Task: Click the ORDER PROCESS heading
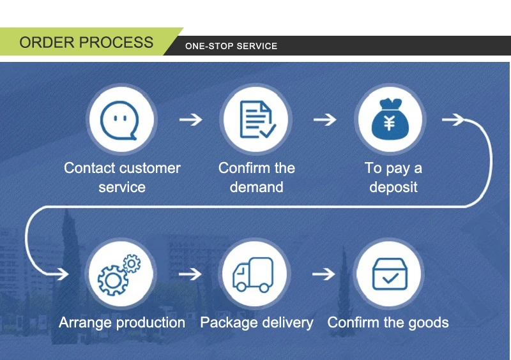pyautogui.click(x=86, y=43)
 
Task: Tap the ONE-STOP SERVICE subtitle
pyautogui.click(x=231, y=46)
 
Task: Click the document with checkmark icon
pyautogui.click(x=257, y=119)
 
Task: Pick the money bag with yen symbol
pyautogui.click(x=389, y=119)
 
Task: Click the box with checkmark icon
pyautogui.click(x=389, y=274)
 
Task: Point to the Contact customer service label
pyautogui.click(x=122, y=177)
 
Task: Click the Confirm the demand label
pyautogui.click(x=257, y=177)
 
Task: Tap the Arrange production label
pyautogui.click(x=122, y=322)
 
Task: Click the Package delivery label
pyautogui.click(x=257, y=322)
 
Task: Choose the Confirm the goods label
pyautogui.click(x=388, y=322)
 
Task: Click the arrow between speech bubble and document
pyautogui.click(x=190, y=119)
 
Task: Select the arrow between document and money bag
pyautogui.click(x=324, y=119)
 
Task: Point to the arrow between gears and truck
pyautogui.click(x=190, y=274)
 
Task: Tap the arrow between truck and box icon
pyautogui.click(x=324, y=274)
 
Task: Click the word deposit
pyautogui.click(x=393, y=188)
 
